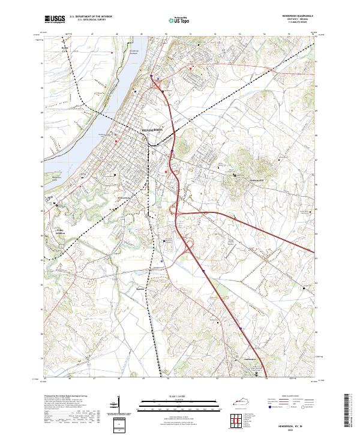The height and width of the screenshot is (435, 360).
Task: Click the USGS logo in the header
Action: [54, 20]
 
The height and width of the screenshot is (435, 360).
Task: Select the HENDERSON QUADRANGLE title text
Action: [294, 16]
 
